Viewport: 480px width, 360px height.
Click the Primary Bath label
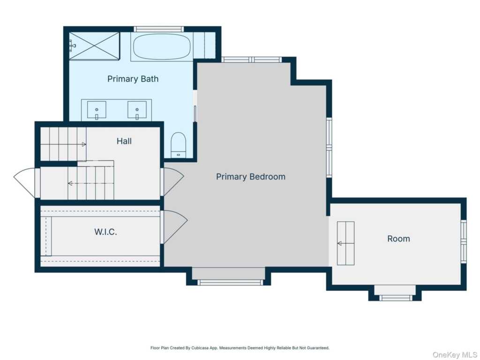click(x=133, y=79)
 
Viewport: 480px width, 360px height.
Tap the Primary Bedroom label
click(x=251, y=177)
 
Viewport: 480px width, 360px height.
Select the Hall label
click(x=124, y=141)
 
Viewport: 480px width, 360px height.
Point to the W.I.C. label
click(x=105, y=232)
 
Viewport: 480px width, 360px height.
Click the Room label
click(x=398, y=239)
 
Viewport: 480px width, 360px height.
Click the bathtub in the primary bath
click(x=162, y=46)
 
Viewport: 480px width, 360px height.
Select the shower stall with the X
click(x=94, y=46)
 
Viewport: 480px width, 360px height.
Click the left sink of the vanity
click(x=97, y=110)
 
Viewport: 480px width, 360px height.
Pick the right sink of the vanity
click(x=137, y=110)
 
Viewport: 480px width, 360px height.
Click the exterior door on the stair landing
click(x=27, y=183)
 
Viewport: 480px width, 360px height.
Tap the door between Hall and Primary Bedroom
click(x=172, y=182)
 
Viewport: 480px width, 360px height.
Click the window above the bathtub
click(x=158, y=29)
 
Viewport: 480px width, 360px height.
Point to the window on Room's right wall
click(x=464, y=241)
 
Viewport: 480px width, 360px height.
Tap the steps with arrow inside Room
click(x=345, y=243)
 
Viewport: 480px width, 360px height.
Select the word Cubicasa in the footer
click(x=200, y=348)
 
